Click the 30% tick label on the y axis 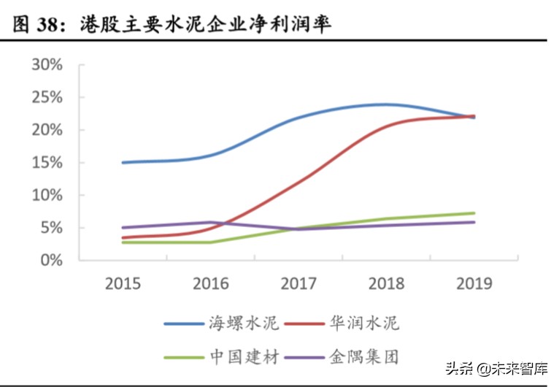(47, 65)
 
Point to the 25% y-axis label (47, 98)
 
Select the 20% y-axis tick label (47, 130)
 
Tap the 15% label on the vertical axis (47, 163)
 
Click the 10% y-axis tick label (47, 196)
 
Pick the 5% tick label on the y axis (51, 228)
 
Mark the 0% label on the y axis (51, 261)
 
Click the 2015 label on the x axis (123, 283)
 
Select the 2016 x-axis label (211, 283)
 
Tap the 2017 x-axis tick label (298, 283)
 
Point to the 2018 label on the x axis (386, 283)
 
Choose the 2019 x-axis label (474, 283)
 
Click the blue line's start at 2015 (123, 162)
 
